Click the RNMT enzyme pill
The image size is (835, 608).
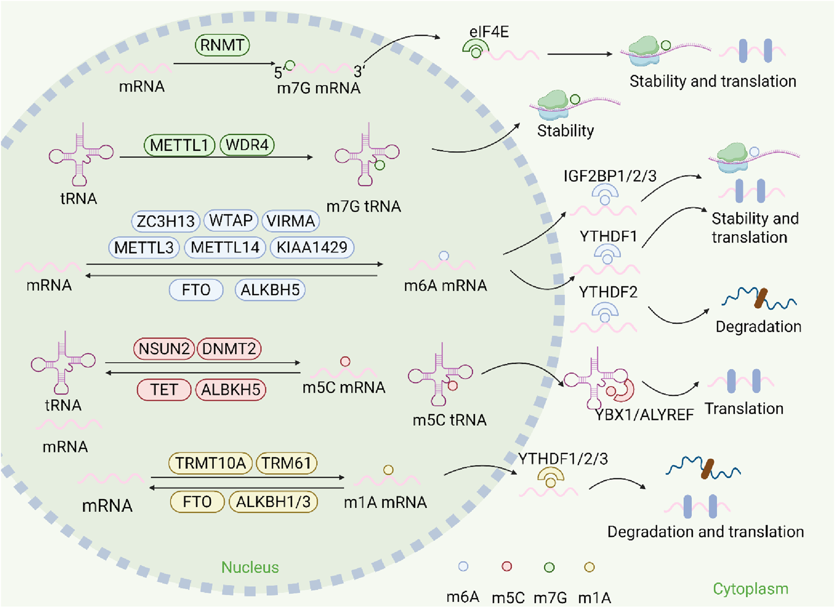click(x=222, y=45)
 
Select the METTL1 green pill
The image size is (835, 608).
click(x=179, y=145)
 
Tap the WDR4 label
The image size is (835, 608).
click(x=247, y=145)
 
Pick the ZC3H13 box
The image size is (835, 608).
click(x=165, y=221)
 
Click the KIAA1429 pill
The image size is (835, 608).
click(x=312, y=247)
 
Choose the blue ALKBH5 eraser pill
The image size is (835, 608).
click(x=270, y=290)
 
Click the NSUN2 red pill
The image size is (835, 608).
click(x=164, y=349)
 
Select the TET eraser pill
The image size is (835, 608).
click(x=164, y=390)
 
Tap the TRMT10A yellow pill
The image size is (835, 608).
click(x=211, y=463)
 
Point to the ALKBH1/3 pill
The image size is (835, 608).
click(x=273, y=502)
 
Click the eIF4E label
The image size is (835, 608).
click(x=489, y=32)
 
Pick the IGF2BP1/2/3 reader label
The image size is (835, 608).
click(x=610, y=176)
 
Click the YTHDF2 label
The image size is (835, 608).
click(x=608, y=292)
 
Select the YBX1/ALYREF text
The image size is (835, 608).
click(x=644, y=414)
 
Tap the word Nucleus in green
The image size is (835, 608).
click(x=250, y=567)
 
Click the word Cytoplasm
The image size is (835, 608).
click(x=750, y=589)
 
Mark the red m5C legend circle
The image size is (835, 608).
click(x=507, y=567)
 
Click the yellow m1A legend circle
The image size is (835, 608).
click(x=589, y=567)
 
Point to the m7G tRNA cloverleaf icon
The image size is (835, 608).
click(x=367, y=154)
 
